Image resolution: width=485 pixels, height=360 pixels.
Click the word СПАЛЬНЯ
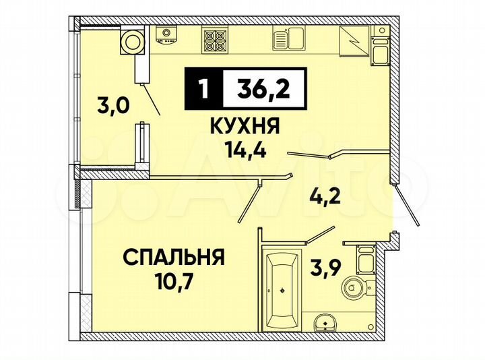pyautogui.click(x=173, y=257)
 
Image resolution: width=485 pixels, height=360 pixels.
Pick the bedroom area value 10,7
pyautogui.click(x=174, y=278)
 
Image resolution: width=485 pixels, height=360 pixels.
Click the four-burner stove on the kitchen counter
pyautogui.click(x=217, y=39)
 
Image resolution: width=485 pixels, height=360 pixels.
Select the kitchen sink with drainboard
pyautogui.click(x=289, y=39)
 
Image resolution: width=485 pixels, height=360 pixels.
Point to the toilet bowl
pyautogui.click(x=355, y=286)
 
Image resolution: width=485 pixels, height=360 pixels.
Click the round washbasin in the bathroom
pyautogui.click(x=327, y=322)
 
